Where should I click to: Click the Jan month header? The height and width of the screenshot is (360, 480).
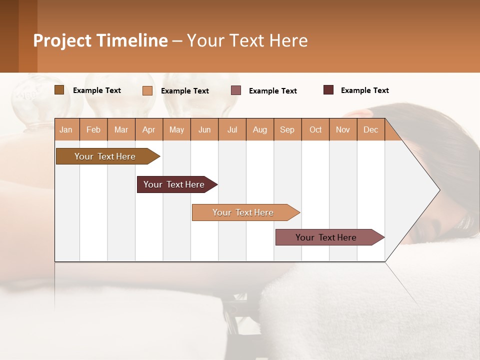66,129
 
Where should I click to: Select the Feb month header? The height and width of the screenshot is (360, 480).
93,129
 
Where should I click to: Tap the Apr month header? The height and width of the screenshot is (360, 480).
149,129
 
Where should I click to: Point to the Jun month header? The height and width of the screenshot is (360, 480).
204,129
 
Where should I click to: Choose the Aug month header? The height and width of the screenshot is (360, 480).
260,129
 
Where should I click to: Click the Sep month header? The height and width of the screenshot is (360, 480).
287,129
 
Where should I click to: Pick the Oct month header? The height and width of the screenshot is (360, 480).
315,129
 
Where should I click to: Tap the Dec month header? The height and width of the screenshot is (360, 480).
371,129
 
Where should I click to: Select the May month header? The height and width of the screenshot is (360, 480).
176,129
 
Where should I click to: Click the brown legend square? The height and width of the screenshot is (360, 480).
59,90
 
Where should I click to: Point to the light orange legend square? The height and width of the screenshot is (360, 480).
147,90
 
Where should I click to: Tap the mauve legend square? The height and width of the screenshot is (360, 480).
236,90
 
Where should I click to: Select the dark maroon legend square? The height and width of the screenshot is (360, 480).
328,90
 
